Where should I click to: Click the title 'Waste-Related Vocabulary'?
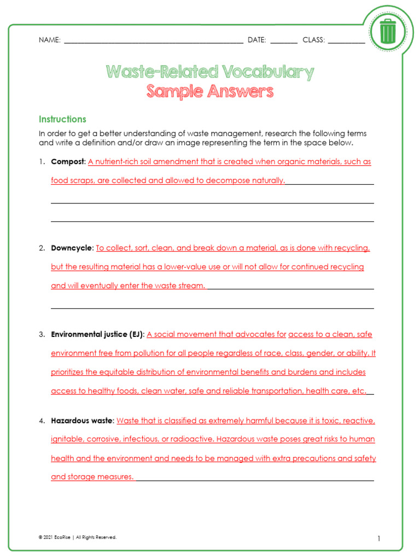209,72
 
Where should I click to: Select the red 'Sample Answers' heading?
209,91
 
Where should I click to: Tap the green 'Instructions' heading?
62,119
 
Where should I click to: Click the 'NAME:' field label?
49,40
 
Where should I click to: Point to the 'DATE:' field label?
256,40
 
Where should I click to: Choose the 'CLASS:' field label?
313,40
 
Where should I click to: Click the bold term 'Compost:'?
68,162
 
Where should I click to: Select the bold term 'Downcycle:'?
72,248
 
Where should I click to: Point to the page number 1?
378,539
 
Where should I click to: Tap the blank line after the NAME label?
153,41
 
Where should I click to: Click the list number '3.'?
42,334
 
